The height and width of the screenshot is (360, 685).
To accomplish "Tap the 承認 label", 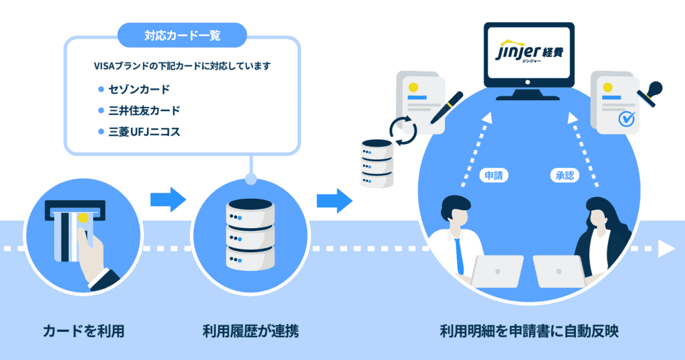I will point(563,176).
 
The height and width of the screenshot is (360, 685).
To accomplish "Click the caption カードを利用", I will point(84,331).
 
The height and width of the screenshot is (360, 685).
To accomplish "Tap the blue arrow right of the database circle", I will point(334,199).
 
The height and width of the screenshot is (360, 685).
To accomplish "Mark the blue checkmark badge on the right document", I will point(627,119).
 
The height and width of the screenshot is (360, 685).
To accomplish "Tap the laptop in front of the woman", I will point(559,271).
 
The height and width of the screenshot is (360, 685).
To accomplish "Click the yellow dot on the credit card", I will point(82,217).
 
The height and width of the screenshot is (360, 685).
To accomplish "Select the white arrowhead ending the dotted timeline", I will point(666,249).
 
